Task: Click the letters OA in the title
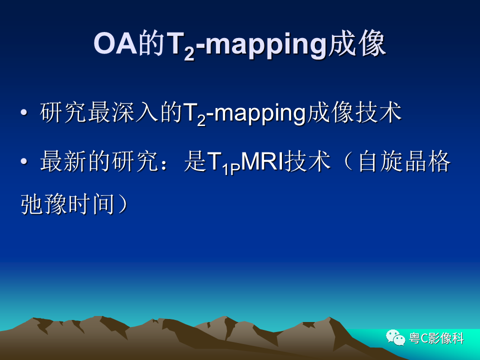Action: (115, 43)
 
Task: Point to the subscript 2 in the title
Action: (189, 53)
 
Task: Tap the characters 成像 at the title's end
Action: (355, 44)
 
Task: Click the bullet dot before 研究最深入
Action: (23, 112)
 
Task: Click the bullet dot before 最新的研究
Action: (23, 161)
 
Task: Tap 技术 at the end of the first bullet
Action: (378, 112)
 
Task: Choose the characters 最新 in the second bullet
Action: (63, 161)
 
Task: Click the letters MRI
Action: (263, 161)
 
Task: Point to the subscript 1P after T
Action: (230, 169)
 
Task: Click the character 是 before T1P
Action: (195, 161)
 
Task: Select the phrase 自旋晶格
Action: (404, 161)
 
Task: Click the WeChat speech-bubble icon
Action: (395, 337)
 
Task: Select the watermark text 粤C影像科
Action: (436, 338)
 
